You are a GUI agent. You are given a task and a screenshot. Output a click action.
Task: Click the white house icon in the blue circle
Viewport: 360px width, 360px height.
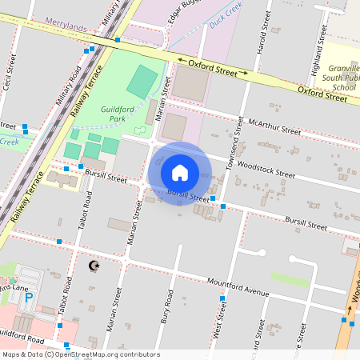(180, 172)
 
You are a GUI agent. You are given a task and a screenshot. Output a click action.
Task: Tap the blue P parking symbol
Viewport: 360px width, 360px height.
(30, 297)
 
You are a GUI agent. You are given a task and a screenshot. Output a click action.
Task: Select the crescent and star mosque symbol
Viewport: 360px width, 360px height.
(94, 265)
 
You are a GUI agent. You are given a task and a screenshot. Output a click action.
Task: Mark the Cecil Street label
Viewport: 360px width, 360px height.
(10, 72)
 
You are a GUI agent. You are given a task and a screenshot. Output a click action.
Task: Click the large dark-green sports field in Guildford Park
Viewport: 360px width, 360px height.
(143, 81)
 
